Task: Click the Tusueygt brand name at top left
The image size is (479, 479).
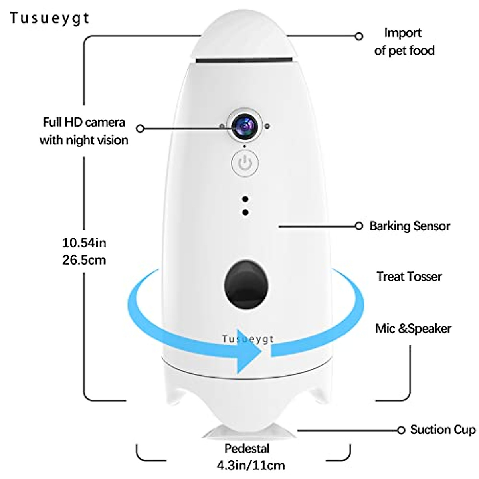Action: coord(49,18)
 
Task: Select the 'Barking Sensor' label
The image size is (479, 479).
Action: coord(410,226)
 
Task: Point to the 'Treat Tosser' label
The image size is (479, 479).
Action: coord(410,276)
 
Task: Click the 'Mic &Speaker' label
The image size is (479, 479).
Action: coord(413,329)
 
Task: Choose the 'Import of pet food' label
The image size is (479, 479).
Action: coord(404,42)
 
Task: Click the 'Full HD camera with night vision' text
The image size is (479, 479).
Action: coord(84,131)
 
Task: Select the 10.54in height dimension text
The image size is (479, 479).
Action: coord(84,242)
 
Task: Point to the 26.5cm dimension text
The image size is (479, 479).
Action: coord(84,260)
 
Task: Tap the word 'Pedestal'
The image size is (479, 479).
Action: coord(247,449)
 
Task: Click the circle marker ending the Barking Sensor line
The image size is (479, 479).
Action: coord(359,226)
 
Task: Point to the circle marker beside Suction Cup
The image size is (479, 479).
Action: coord(401,430)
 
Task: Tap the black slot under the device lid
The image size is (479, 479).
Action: coord(245,60)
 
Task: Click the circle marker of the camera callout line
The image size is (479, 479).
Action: coord(140,129)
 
